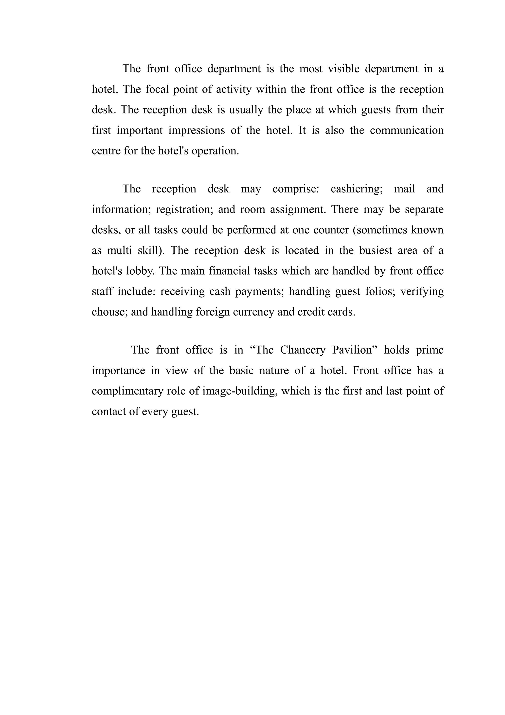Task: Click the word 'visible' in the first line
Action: pyautogui.click(x=343, y=69)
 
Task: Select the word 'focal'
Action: pyautogui.click(x=157, y=89)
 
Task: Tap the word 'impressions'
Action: pyautogui.click(x=197, y=131)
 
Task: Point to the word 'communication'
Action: pyautogui.click(x=407, y=130)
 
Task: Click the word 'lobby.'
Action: pyautogui.click(x=140, y=271)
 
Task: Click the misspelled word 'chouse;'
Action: pyautogui.click(x=110, y=312)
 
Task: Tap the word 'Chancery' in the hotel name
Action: pyautogui.click(x=303, y=350)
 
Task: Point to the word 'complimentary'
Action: pyautogui.click(x=127, y=391)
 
